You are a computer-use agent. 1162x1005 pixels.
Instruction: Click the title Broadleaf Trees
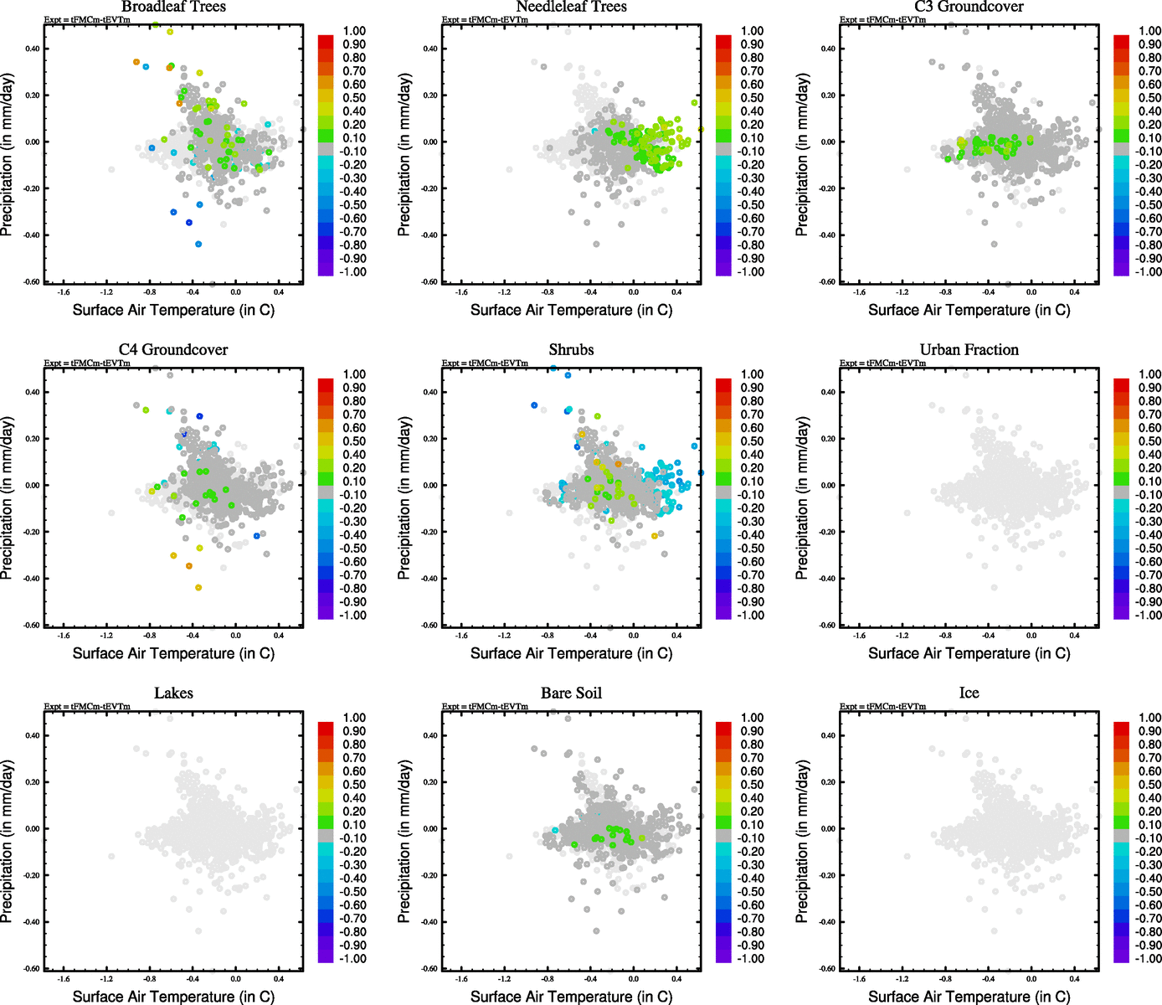[x=173, y=7]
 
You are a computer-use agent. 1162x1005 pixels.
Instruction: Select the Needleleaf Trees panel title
[x=571, y=7]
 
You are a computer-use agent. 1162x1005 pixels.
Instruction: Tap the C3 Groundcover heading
[x=969, y=7]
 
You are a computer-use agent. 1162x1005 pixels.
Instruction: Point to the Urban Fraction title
[x=969, y=349]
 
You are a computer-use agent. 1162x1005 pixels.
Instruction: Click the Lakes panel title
[x=173, y=693]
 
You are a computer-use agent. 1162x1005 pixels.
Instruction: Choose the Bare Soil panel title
[x=571, y=693]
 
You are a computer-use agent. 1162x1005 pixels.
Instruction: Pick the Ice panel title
[x=969, y=693]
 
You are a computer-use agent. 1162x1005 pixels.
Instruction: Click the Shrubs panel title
[x=571, y=349]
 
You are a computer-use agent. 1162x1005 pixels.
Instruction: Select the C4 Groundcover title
[x=173, y=349]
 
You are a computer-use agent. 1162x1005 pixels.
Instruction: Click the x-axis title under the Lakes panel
[x=173, y=996]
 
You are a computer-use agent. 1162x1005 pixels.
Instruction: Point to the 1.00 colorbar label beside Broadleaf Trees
[x=354, y=31]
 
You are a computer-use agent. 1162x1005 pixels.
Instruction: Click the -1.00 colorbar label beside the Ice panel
[x=1149, y=958]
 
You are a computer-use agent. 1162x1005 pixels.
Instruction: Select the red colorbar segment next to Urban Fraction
[x=1121, y=384]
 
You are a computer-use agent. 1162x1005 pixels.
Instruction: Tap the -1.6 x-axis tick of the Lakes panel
[x=63, y=978]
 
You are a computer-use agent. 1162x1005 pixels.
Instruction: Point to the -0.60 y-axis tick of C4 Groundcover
[x=32, y=625]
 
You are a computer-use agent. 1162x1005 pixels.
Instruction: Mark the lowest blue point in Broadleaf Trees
[x=198, y=244]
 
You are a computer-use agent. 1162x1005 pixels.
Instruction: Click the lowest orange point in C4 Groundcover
[x=198, y=588]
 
